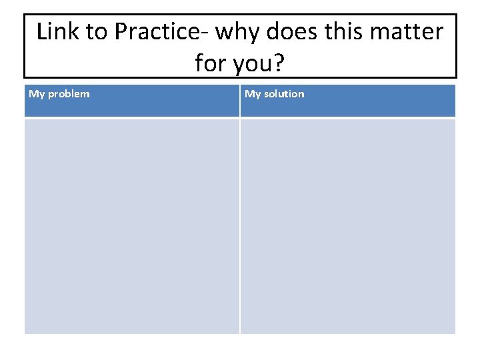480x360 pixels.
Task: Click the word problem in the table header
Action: (68, 94)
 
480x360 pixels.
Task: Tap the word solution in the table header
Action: (283, 94)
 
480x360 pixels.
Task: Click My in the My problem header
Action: (37, 94)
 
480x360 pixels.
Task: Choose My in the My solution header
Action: (253, 94)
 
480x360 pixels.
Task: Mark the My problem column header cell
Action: (132, 101)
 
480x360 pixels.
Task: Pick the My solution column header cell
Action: (348, 101)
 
